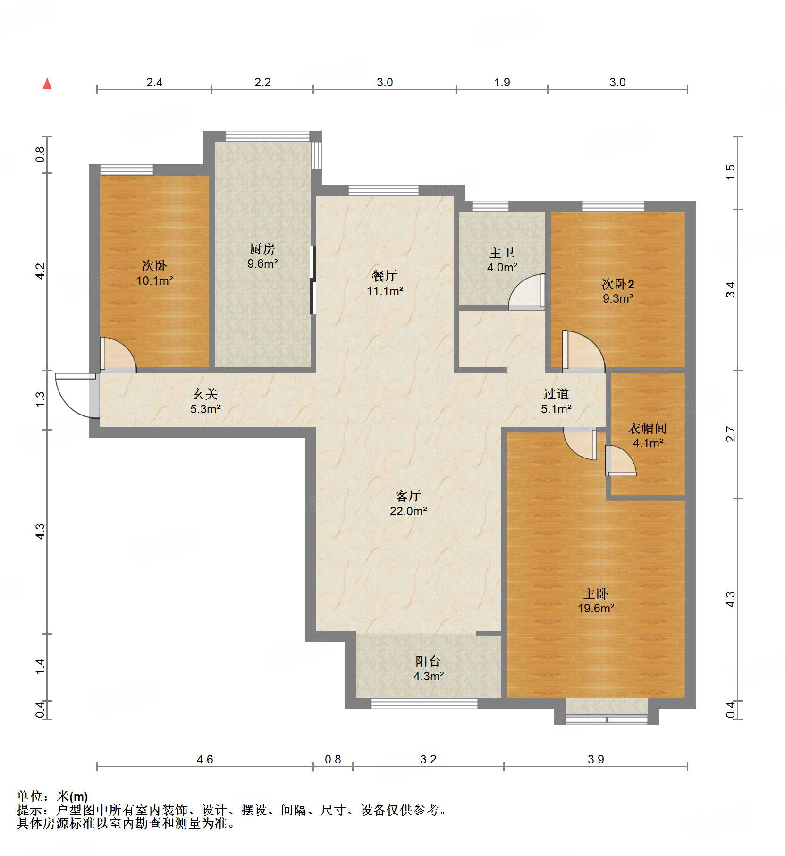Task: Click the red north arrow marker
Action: tap(47, 84)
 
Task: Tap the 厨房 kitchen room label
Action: tap(262, 249)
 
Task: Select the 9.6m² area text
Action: tap(262, 263)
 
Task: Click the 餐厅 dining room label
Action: tap(385, 276)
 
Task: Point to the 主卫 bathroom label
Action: tap(502, 253)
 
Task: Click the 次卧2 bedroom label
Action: tap(617, 284)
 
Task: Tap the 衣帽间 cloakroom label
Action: tap(648, 428)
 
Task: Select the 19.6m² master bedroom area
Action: tap(596, 609)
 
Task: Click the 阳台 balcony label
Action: tap(428, 661)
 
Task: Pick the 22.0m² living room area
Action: tap(408, 511)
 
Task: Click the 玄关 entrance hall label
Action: tap(205, 394)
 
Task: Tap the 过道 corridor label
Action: tap(556, 394)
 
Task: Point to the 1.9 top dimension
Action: tap(502, 82)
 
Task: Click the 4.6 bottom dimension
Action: tap(204, 759)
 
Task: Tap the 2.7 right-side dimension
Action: tap(730, 434)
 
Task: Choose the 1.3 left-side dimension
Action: tap(40, 399)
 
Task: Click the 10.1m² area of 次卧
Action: tap(154, 281)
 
